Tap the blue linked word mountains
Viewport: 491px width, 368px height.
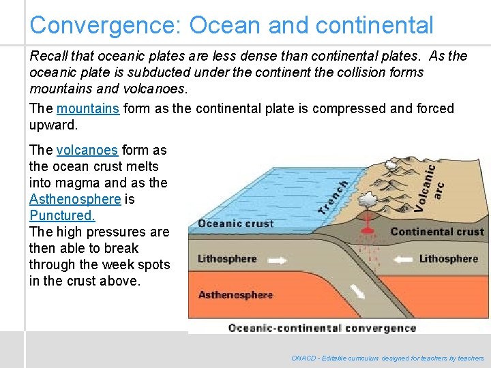pos(88,108)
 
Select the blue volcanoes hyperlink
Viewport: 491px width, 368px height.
pos(87,150)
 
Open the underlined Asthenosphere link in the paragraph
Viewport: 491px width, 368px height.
pos(75,199)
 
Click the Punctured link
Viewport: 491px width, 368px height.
pos(62,215)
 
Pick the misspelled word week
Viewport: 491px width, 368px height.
pos(117,264)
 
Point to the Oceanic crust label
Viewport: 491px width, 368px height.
pos(235,223)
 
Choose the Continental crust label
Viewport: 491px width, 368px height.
pos(437,232)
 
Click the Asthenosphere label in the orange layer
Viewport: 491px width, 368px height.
pos(235,294)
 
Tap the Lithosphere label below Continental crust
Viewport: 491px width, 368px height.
pos(448,258)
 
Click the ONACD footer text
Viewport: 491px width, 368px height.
pos(387,358)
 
